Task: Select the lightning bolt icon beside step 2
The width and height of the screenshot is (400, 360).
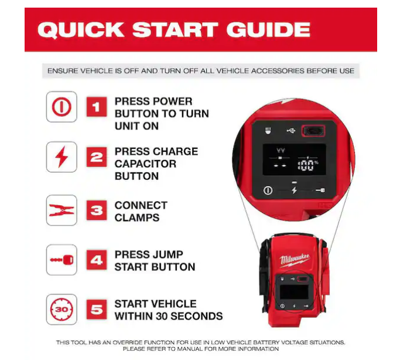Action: [61, 157]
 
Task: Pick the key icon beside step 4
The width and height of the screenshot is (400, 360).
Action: [61, 260]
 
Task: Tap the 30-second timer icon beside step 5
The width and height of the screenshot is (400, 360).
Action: [61, 310]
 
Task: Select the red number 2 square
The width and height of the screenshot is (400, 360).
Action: [97, 157]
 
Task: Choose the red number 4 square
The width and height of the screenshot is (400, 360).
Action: [97, 260]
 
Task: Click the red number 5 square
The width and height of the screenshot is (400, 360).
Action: [97, 310]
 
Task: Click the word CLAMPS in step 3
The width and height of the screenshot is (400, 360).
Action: [136, 218]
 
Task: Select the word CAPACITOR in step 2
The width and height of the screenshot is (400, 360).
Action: [145, 164]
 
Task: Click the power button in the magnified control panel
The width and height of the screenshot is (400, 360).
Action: [268, 191]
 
